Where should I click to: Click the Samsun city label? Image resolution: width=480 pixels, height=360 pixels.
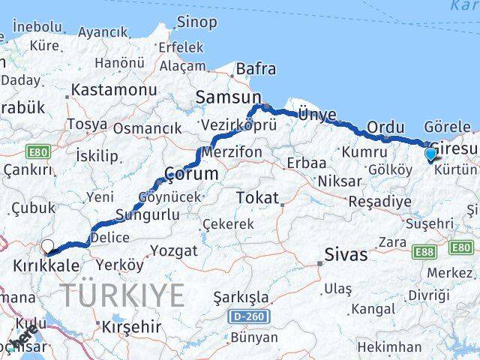228,97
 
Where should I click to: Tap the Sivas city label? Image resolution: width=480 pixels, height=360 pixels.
346,255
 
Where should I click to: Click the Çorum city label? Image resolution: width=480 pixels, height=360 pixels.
190,174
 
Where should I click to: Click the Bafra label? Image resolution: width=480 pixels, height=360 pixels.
256,69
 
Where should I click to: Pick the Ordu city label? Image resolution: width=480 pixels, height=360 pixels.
385,127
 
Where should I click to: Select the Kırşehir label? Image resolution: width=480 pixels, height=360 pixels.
131,326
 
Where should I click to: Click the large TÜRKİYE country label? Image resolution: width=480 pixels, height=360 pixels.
122,295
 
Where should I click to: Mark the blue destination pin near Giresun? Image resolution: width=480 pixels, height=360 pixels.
430,154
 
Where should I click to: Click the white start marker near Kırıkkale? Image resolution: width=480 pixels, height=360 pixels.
48,245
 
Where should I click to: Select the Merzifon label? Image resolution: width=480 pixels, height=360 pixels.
233,152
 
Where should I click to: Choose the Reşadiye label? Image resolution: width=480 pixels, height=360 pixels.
379,201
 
